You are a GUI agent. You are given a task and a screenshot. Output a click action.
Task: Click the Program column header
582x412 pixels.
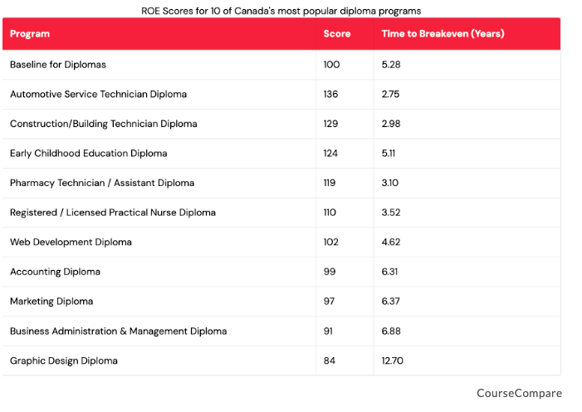click(x=30, y=34)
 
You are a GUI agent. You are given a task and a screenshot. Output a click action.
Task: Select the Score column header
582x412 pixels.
click(x=336, y=34)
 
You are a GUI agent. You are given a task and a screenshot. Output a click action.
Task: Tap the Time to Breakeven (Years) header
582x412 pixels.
click(x=443, y=34)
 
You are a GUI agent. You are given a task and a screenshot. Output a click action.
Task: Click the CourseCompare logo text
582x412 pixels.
click(x=519, y=393)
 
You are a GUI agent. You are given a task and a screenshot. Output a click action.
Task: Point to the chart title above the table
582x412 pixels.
click(x=281, y=11)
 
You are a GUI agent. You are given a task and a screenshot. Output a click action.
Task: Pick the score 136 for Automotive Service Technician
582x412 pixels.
click(x=330, y=94)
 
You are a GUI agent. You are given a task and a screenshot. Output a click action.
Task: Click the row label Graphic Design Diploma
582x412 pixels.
click(x=64, y=360)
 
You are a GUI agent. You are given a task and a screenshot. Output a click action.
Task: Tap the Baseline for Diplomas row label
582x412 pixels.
click(x=58, y=65)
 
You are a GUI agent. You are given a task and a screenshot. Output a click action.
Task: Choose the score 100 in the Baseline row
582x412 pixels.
click(x=331, y=65)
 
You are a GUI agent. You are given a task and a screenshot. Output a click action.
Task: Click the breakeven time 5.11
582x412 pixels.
click(x=389, y=153)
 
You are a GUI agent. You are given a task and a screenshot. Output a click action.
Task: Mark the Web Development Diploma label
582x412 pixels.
click(x=71, y=242)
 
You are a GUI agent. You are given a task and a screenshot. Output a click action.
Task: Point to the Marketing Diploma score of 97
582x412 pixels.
click(x=329, y=302)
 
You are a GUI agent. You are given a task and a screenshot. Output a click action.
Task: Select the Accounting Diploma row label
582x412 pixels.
click(x=55, y=272)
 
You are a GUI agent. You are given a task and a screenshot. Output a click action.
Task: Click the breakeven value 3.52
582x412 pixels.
click(x=390, y=213)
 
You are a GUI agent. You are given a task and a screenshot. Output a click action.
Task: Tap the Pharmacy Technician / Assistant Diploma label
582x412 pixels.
click(x=102, y=183)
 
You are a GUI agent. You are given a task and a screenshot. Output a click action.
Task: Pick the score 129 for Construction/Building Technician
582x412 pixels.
click(x=330, y=124)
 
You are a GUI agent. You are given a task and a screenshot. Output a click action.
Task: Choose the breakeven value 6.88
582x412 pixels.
click(x=390, y=331)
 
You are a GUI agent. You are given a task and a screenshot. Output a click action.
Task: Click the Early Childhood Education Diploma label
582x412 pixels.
click(x=89, y=153)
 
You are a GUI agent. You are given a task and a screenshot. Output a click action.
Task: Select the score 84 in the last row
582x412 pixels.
click(x=329, y=360)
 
